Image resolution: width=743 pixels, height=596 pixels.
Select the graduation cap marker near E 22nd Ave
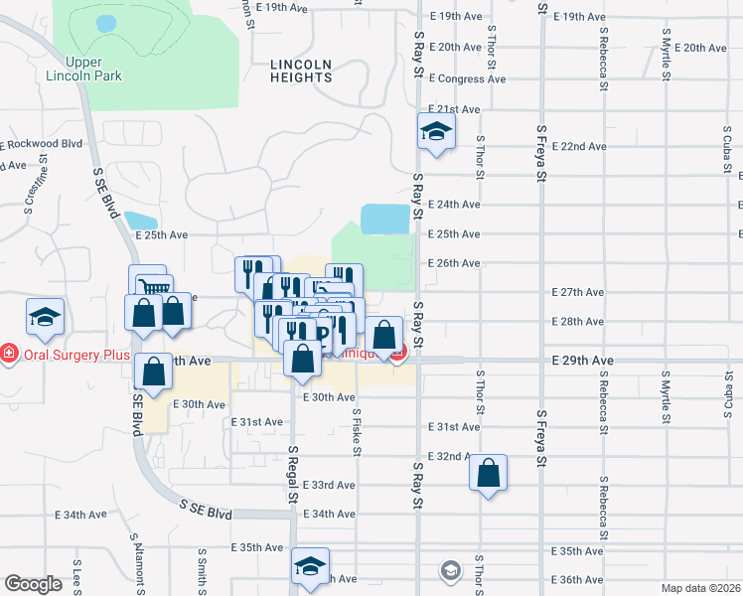pos(435,132)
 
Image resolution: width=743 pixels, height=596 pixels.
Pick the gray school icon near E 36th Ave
pos(451,570)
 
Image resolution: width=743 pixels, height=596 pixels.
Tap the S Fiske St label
pos(356,433)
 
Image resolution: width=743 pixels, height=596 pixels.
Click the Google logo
pos(33,584)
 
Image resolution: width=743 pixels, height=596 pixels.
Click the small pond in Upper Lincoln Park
pos(104,22)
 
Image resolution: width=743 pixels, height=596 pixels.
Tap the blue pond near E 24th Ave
pos(385,218)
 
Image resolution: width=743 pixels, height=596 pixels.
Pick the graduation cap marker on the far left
pos(45,317)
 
